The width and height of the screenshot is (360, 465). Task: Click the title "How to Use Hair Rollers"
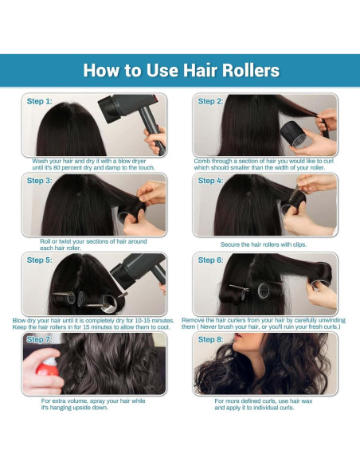tap(182, 70)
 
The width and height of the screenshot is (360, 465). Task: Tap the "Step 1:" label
tap(40, 102)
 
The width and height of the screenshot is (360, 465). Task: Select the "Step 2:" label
tap(211, 102)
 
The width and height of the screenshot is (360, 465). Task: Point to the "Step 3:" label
tap(40, 181)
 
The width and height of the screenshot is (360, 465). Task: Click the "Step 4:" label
tap(211, 181)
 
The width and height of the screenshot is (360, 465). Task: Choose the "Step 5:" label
tap(40, 260)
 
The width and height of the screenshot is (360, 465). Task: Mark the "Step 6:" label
tap(211, 260)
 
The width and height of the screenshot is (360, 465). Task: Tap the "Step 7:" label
tap(40, 340)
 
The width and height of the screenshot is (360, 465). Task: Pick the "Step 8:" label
tap(211, 340)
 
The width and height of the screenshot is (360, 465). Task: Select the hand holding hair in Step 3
tap(147, 199)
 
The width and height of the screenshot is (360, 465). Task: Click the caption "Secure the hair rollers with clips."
tap(263, 244)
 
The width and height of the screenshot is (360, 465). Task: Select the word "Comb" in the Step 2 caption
tap(203, 161)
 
